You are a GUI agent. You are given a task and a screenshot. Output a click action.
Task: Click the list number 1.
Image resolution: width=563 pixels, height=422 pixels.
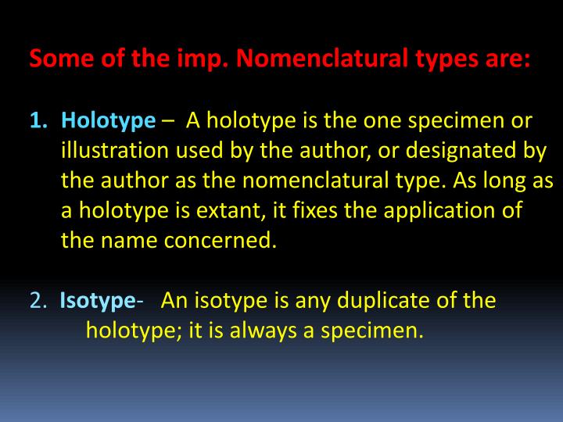pyautogui.click(x=38, y=121)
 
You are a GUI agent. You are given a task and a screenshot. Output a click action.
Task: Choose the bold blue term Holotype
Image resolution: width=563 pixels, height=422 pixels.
pyautogui.click(x=109, y=121)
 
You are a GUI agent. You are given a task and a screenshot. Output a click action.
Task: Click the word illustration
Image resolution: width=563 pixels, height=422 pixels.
pyautogui.click(x=113, y=151)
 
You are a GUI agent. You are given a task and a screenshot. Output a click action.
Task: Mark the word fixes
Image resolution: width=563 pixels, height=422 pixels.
pyautogui.click(x=318, y=211)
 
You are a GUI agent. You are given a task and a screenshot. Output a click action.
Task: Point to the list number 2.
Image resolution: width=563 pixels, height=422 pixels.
pyautogui.click(x=38, y=301)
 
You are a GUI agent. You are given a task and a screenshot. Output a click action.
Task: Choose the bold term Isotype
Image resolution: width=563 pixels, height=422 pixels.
pyautogui.click(x=97, y=301)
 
